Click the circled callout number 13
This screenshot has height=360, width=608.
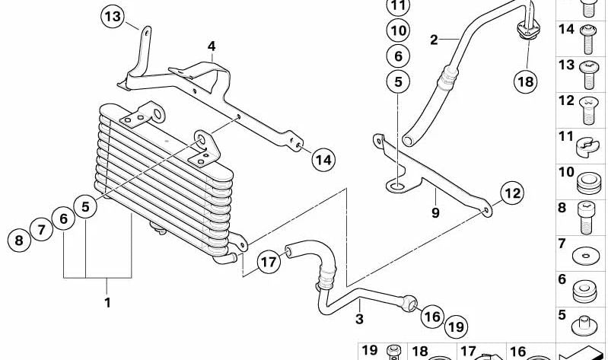coord(113,17)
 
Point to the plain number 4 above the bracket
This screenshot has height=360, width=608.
coord(212,46)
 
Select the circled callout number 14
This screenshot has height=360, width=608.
coord(323,159)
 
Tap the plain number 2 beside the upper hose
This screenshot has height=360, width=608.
coord(434,40)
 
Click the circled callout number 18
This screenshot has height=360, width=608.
coord(526,81)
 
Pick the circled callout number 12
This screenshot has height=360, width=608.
coord(512,193)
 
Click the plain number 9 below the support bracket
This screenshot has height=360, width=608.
coord(435,212)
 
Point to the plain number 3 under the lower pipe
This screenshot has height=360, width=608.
coord(359,319)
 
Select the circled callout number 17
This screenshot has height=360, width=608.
coord(269,263)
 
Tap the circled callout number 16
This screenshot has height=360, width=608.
coord(432,317)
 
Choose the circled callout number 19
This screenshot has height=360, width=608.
coord(456,327)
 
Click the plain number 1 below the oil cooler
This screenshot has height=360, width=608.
coord(107,302)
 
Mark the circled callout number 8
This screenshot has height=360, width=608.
coord(19,241)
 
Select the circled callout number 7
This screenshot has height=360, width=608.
coord(41,229)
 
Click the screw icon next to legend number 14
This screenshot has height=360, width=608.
coord(589,39)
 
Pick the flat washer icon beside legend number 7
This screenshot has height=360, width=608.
coord(585,256)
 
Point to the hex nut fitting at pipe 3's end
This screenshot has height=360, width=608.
coord(409,304)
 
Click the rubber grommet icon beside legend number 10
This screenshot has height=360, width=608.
coord(589,183)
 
